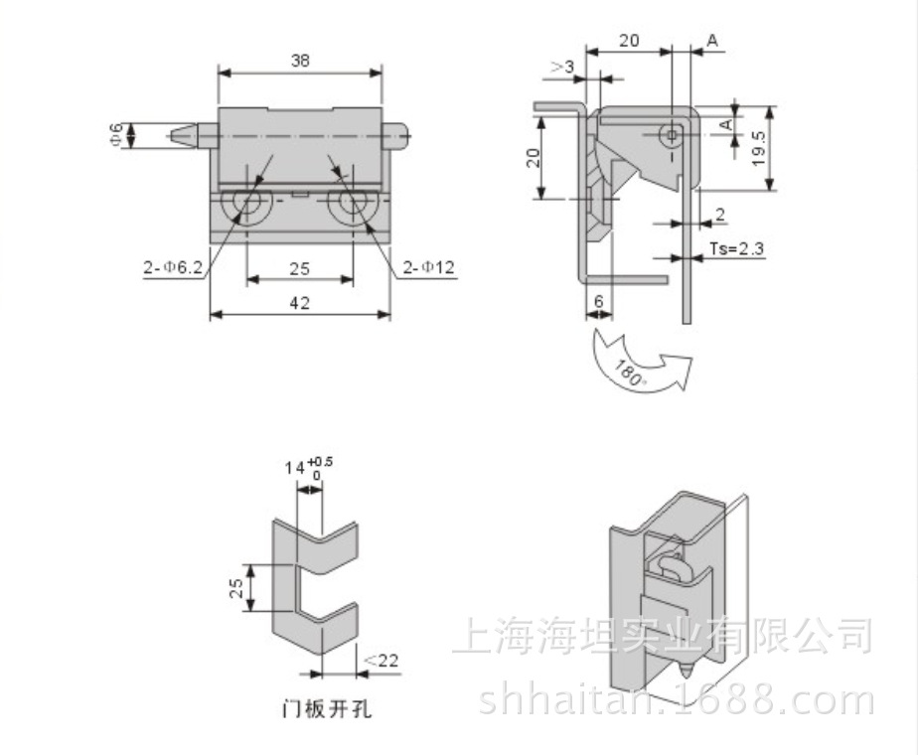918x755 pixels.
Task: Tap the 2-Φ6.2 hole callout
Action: (172, 266)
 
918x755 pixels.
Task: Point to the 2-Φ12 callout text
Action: (429, 266)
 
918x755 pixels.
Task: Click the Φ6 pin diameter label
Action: (116, 134)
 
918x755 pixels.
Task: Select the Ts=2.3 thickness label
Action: (736, 248)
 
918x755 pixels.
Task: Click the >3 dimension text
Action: (561, 67)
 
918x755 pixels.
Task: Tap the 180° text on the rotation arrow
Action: (628, 376)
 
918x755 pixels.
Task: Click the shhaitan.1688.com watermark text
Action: (676, 700)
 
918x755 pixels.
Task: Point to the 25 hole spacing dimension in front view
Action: (300, 269)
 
